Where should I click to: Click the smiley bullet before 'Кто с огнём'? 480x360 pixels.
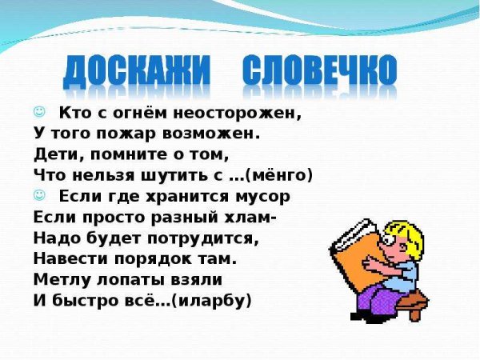click(x=39, y=111)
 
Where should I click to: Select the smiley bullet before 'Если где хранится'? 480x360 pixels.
click(x=39, y=195)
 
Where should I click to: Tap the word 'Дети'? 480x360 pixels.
click(x=55, y=154)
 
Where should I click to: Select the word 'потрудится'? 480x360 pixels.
click(x=215, y=238)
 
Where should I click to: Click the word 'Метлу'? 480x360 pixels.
click(x=57, y=279)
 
